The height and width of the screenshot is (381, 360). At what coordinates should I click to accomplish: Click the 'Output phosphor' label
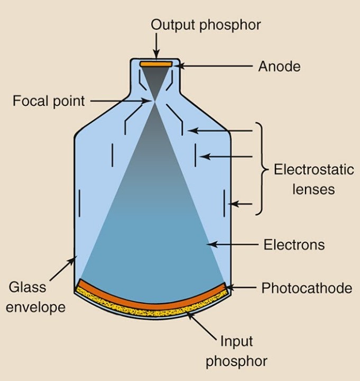[x=206, y=24]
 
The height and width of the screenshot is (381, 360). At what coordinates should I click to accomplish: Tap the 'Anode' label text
[x=279, y=67]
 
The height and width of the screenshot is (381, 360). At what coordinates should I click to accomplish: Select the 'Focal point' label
[x=49, y=101]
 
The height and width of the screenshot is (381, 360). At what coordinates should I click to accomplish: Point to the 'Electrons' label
[x=294, y=244]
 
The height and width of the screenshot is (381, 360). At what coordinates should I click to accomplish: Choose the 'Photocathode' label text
[x=307, y=288]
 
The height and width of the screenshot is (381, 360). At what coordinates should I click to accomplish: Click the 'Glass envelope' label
[x=36, y=297]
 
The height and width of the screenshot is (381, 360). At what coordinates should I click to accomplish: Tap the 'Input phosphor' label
[x=236, y=350]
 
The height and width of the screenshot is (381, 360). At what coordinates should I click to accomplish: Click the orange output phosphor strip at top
[x=156, y=64]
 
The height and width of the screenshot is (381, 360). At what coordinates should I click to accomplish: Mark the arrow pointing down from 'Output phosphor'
[x=156, y=47]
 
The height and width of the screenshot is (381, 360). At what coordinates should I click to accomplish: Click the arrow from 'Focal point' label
[x=122, y=100]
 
